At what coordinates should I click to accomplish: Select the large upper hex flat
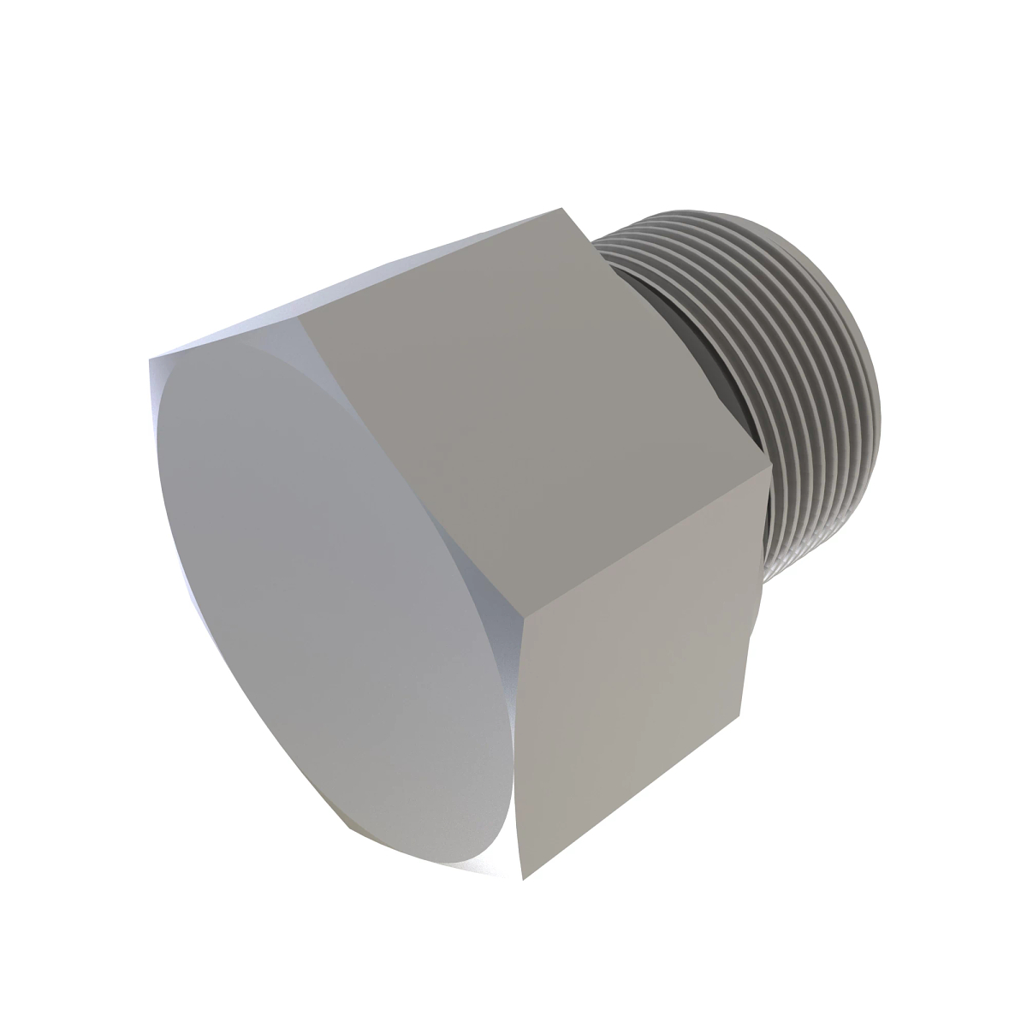pyautogui.click(x=531, y=385)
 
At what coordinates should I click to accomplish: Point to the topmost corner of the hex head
pyautogui.click(x=561, y=207)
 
